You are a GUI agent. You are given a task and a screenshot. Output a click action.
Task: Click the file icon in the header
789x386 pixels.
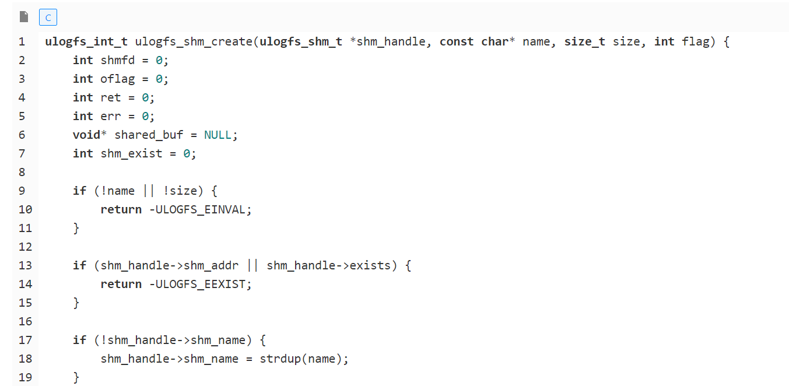click(x=24, y=17)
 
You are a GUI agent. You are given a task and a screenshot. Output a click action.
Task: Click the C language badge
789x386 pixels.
click(x=48, y=17)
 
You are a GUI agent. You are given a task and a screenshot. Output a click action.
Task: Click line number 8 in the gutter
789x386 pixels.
click(x=22, y=172)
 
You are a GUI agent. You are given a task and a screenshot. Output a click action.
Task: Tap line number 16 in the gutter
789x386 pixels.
click(x=25, y=321)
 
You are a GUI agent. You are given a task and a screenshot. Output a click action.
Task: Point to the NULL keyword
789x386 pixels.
click(x=218, y=135)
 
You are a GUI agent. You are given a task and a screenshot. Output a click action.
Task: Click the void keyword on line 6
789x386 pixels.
click(x=86, y=135)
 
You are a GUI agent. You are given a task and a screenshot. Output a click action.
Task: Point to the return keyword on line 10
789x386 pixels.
click(x=121, y=209)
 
